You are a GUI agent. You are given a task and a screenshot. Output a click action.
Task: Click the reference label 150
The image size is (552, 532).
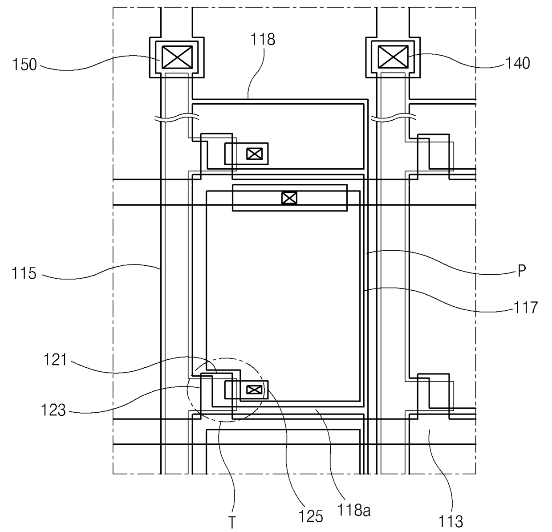coord(24,65)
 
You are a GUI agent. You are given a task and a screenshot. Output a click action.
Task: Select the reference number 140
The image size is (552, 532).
coord(518,63)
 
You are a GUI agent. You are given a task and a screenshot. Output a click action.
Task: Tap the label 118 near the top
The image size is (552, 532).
coord(263,40)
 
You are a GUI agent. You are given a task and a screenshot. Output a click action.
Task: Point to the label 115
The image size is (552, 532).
coord(24,273)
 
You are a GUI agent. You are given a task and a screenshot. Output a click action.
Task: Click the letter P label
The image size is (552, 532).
coord(522,271)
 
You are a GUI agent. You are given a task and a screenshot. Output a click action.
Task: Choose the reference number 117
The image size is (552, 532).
coord(526,307)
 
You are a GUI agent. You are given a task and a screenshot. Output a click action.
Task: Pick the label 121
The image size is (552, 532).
coord(55,360)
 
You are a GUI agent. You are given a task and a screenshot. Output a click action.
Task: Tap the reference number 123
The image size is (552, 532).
coord(53,410)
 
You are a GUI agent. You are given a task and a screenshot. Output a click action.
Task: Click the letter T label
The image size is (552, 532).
coord(232,522)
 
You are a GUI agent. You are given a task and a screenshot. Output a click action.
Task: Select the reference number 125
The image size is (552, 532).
coord(311,516)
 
